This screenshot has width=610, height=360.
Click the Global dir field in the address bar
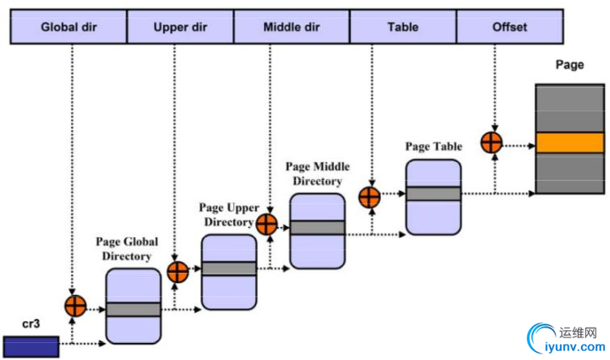[x=69, y=27]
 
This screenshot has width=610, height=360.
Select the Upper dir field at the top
[x=181, y=27]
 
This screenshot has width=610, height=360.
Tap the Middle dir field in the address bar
[x=291, y=27]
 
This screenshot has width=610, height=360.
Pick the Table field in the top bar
[x=402, y=27]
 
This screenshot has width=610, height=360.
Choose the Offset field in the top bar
[x=509, y=27]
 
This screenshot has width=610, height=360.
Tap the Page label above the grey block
[x=570, y=65]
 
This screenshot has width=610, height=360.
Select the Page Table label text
[x=433, y=147]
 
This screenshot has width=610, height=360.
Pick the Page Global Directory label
[x=127, y=249]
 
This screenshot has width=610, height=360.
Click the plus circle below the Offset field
[x=491, y=143]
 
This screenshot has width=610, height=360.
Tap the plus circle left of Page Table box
[x=370, y=196]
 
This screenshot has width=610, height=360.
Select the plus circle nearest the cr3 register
[x=74, y=306]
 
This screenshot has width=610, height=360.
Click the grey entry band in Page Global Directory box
[x=134, y=309]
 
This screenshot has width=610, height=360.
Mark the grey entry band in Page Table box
[x=433, y=194]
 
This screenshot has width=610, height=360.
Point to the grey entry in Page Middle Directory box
[x=317, y=228]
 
